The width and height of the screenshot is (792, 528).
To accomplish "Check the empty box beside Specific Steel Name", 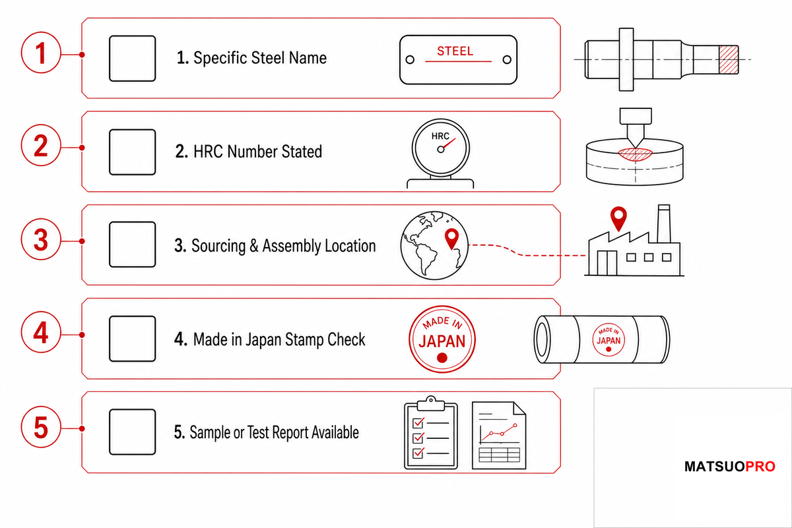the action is (x=132, y=58).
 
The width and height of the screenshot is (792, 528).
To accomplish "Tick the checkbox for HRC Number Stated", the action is (x=132, y=152).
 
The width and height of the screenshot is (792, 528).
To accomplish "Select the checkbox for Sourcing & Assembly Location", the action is (x=132, y=244).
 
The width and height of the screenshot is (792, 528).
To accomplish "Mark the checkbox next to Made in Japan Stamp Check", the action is (x=132, y=339).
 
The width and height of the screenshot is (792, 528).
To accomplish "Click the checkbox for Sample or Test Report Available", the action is (x=132, y=432).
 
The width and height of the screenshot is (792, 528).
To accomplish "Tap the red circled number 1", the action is (x=41, y=53).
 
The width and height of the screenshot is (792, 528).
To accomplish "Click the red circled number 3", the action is (x=41, y=240).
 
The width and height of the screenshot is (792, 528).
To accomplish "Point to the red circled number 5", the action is (x=41, y=427).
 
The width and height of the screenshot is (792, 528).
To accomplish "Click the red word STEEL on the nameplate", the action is (x=455, y=51).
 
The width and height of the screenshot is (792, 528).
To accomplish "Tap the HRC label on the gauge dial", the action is (x=440, y=136).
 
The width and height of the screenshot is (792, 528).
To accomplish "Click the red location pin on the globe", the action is (x=451, y=239).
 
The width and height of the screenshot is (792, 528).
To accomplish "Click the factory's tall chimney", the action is (x=664, y=224).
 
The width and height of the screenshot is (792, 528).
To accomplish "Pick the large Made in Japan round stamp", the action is (x=442, y=339).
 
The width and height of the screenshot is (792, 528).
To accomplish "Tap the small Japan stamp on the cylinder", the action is (x=609, y=339).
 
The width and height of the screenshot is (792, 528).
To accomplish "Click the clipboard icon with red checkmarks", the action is (x=430, y=433).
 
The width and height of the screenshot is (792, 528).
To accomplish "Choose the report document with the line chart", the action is (x=499, y=436).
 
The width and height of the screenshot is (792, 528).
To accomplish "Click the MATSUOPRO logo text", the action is (x=730, y=467).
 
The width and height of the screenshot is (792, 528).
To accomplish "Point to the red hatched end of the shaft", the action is (x=729, y=60).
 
